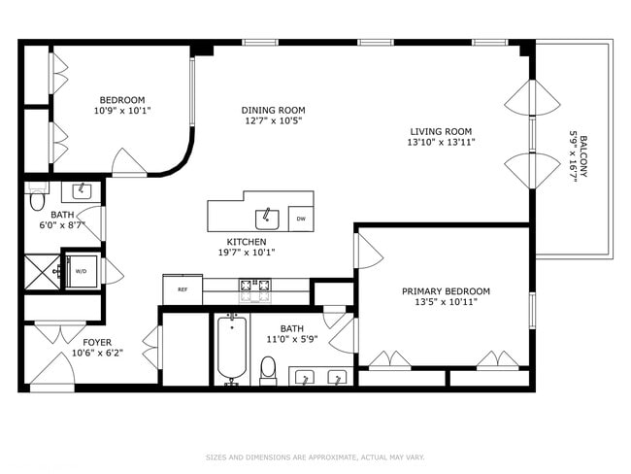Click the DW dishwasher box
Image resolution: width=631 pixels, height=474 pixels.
pyautogui.click(x=301, y=219)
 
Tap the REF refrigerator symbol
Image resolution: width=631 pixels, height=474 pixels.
pyautogui.click(x=183, y=289)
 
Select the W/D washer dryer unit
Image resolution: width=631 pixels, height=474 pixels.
pyautogui.click(x=82, y=271)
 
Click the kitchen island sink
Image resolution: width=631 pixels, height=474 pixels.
pyautogui.click(x=267, y=220)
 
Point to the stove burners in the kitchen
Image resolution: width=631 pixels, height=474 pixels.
pyautogui.click(x=255, y=286)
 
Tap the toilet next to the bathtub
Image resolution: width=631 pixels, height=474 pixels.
pyautogui.click(x=268, y=370)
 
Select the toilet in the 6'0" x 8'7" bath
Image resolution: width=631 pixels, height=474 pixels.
pyautogui.click(x=38, y=198)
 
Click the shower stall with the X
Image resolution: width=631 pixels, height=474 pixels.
pyautogui.click(x=43, y=272)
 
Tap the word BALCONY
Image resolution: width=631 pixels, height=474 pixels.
pyautogui.click(x=583, y=156)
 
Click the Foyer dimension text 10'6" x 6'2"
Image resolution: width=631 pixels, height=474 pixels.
pyautogui.click(x=97, y=354)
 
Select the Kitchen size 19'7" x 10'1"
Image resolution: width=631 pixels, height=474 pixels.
pyautogui.click(x=247, y=253)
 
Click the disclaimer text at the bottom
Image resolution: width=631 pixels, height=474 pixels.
pyautogui.click(x=315, y=457)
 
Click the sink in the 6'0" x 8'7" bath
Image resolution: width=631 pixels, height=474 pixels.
pyautogui.click(x=82, y=191)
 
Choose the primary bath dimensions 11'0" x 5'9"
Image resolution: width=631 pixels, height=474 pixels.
pyautogui.click(x=292, y=339)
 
